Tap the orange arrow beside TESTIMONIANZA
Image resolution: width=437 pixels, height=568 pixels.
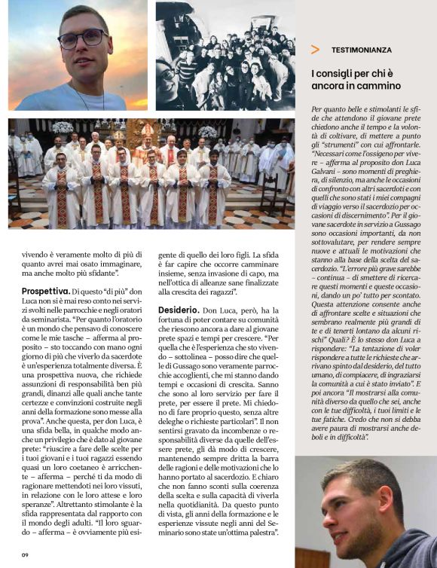(x=315, y=50)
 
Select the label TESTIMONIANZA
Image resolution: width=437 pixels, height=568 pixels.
(x=362, y=50)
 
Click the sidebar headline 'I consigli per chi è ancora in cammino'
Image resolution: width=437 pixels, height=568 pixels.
(x=356, y=79)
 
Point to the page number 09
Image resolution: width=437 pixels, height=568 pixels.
(x=24, y=555)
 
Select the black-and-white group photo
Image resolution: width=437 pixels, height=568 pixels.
(x=225, y=56)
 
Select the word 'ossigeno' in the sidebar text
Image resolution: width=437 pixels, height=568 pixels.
(x=374, y=154)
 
